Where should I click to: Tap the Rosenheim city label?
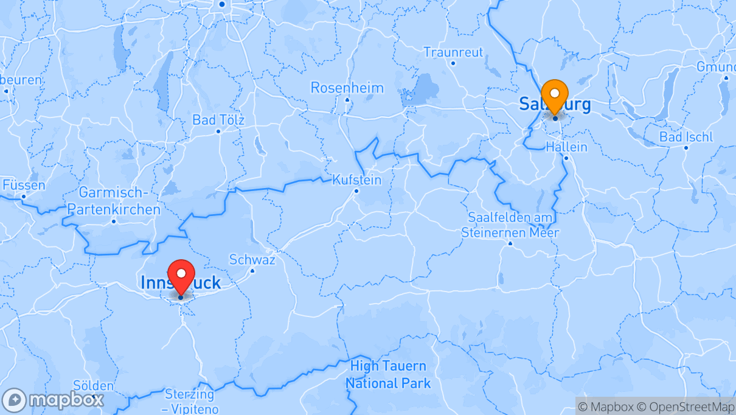pyautogui.click(x=347, y=88)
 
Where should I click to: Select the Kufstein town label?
pyautogui.click(x=357, y=180)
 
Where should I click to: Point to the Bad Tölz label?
pyautogui.click(x=218, y=120)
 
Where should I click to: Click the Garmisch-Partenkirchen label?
pyautogui.click(x=114, y=201)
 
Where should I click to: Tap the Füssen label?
pyautogui.click(x=24, y=184)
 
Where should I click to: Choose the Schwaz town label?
pyautogui.click(x=252, y=260)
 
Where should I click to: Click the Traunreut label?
pyautogui.click(x=453, y=52)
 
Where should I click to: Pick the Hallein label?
pyautogui.click(x=566, y=147)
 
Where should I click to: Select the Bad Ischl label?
pyautogui.click(x=686, y=137)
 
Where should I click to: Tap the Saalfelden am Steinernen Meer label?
pyautogui.click(x=510, y=225)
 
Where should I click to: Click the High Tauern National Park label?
pyautogui.click(x=388, y=374)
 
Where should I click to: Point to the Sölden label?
pyautogui.click(x=93, y=386)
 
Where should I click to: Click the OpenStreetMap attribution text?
pyautogui.click(x=684, y=406)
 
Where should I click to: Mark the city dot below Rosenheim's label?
pyautogui.click(x=347, y=100)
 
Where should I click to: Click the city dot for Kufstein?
pyautogui.click(x=356, y=191)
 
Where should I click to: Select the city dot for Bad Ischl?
pyautogui.click(x=686, y=148)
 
